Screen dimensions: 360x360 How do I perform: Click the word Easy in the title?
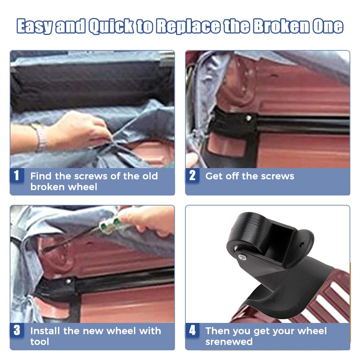click(x=35, y=26)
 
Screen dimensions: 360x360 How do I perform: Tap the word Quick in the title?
click(x=111, y=26)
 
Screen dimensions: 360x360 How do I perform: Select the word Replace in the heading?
click(x=188, y=26)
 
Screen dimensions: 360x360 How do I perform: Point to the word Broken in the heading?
click(x=281, y=26)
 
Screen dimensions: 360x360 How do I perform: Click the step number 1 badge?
click(x=17, y=175)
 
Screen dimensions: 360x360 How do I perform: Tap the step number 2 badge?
click(x=192, y=175)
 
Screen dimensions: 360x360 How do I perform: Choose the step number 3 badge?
click(x=17, y=330)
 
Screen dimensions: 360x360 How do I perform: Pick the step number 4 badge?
click(x=192, y=330)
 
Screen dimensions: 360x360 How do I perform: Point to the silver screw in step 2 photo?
click(x=248, y=118)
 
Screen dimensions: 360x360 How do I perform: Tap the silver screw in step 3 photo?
click(x=68, y=281)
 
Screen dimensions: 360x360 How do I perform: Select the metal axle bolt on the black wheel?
click(x=242, y=257)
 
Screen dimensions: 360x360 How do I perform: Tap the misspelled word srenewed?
click(x=229, y=342)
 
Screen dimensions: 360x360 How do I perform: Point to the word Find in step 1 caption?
click(x=41, y=176)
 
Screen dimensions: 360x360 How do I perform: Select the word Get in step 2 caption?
click(x=213, y=176)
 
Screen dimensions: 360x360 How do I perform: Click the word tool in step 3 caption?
click(x=40, y=342)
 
